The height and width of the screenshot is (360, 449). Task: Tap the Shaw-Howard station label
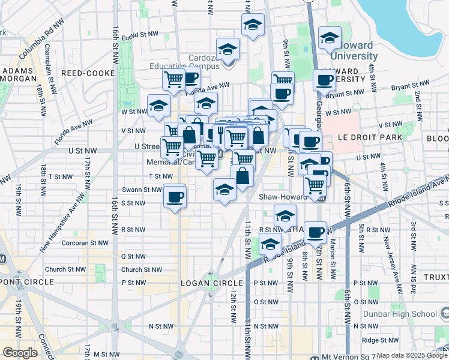tap(283, 196)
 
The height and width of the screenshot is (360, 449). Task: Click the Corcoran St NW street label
tap(85, 243)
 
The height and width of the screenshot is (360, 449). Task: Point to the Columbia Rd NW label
tap(41, 43)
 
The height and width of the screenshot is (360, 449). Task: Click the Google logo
tap(20, 353)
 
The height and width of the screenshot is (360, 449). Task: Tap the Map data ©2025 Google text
tap(411, 356)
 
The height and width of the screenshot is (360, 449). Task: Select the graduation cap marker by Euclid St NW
tap(253, 25)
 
